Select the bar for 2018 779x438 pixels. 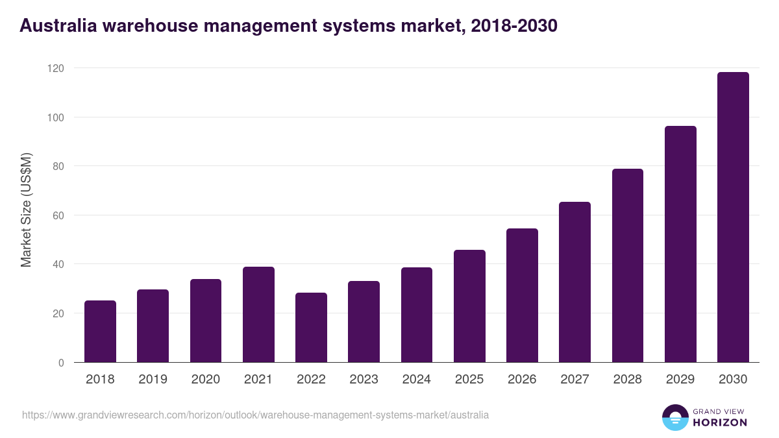(100, 332)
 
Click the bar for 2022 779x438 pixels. (311, 328)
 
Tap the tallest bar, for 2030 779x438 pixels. (733, 217)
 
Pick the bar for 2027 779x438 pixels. (575, 282)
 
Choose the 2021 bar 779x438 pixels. (258, 315)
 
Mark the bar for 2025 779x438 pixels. (469, 306)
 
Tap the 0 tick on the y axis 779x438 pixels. (61, 363)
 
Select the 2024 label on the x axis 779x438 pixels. (416, 380)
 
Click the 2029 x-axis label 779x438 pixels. (680, 380)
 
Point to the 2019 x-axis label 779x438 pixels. (153, 380)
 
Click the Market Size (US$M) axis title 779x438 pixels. (26, 210)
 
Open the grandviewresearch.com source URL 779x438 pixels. (255, 415)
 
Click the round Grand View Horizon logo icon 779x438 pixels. (674, 417)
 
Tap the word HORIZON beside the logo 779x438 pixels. (720, 422)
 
